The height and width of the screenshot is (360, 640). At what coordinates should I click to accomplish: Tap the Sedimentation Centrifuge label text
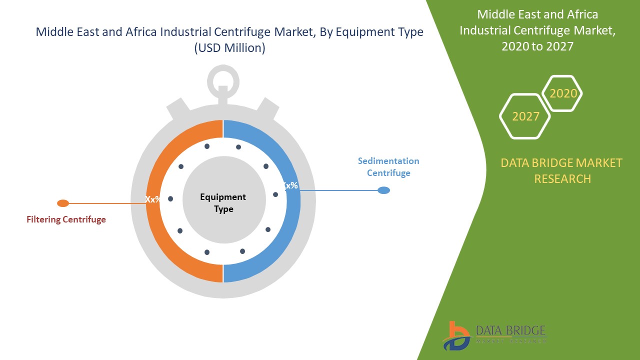pyautogui.click(x=388, y=167)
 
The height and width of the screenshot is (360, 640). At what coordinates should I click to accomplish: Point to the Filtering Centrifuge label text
pyautogui.click(x=66, y=219)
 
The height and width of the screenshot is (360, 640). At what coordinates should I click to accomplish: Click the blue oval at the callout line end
pyautogui.click(x=383, y=190)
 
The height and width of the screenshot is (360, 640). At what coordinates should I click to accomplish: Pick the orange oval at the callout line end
pyautogui.click(x=63, y=203)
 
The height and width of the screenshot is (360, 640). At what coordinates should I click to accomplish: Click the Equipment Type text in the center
pyautogui.click(x=223, y=203)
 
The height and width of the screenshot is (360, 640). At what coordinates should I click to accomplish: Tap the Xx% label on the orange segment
pyautogui.click(x=152, y=199)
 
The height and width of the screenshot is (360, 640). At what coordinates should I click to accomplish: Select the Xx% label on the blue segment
pyautogui.click(x=290, y=185)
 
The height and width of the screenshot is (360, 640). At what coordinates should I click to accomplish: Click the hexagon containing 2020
pyautogui.click(x=563, y=93)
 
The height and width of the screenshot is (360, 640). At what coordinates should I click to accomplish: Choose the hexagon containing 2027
pyautogui.click(x=525, y=116)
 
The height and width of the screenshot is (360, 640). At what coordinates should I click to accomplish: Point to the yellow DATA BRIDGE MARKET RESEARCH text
pyautogui.click(x=562, y=170)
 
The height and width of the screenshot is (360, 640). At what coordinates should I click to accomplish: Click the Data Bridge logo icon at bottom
pyautogui.click(x=456, y=335)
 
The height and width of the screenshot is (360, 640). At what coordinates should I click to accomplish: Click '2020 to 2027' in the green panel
pyautogui.click(x=537, y=46)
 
